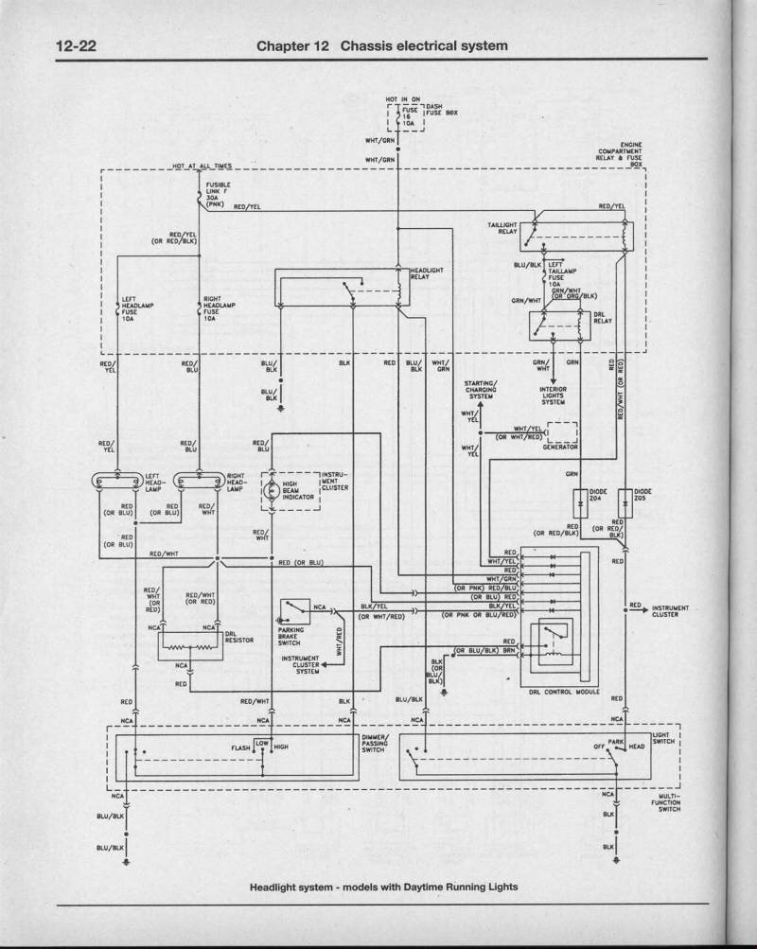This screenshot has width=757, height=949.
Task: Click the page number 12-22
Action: click(x=77, y=45)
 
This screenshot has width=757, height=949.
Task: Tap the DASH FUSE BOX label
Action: click(x=441, y=110)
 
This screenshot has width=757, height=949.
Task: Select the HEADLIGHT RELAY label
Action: click(x=427, y=273)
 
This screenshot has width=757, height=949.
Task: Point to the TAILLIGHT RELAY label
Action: click(x=502, y=228)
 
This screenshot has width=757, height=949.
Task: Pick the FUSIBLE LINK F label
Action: click(x=220, y=191)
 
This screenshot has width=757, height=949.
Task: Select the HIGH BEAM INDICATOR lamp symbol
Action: click(x=270, y=490)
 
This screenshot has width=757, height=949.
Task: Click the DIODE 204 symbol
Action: click(x=579, y=498)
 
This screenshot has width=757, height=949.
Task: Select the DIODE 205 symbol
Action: click(x=624, y=498)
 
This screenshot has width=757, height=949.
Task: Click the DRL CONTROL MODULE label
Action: click(x=565, y=691)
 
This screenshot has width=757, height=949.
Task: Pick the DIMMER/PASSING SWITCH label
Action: click(x=374, y=744)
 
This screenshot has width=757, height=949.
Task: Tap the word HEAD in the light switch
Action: click(x=637, y=747)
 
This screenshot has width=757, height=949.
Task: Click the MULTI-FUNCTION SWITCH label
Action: click(x=669, y=802)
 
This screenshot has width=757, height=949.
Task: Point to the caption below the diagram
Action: click(x=383, y=887)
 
